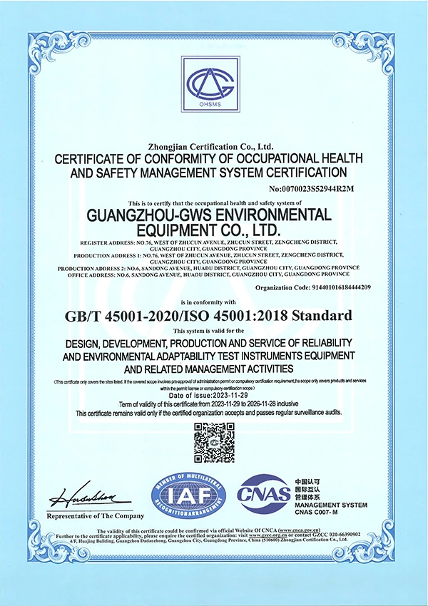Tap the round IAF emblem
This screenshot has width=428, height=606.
[188, 493]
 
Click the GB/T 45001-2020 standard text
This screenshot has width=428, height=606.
[128, 314]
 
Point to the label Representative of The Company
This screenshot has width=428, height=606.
[91, 515]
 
